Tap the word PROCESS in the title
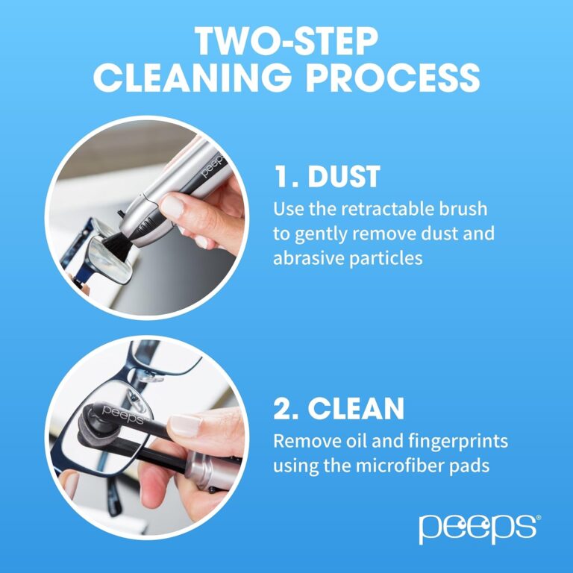point(398,78)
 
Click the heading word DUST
point(339,177)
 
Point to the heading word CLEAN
point(357,408)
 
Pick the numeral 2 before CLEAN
point(284,408)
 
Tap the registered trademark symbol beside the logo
point(538,516)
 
